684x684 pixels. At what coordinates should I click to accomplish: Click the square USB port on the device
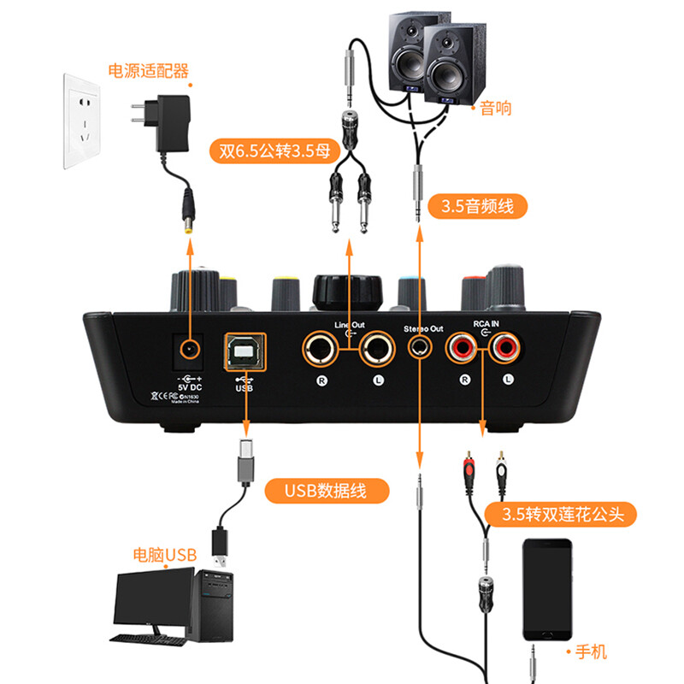243,348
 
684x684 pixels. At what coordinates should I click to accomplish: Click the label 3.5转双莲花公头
561,514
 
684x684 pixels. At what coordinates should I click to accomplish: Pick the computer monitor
152,599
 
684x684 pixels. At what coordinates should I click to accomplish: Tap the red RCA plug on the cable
469,468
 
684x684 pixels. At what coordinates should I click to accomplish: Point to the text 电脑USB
165,555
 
